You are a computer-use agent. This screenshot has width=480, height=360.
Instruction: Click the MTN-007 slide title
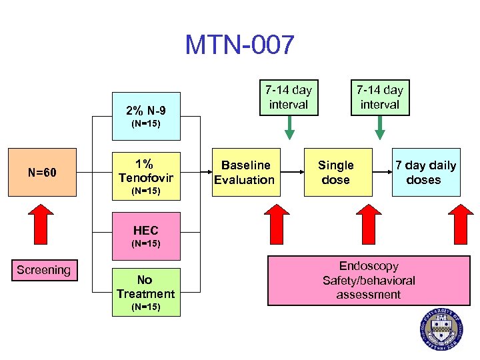tap(239, 45)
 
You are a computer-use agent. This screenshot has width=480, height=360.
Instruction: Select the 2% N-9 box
tap(145, 115)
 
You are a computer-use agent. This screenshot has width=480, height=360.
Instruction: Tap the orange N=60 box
tap(42, 173)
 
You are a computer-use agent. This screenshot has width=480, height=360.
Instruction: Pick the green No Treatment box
tap(145, 292)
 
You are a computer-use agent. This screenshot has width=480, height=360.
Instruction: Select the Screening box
tap(43, 270)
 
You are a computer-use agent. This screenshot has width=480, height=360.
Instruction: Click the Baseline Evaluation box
tap(244, 172)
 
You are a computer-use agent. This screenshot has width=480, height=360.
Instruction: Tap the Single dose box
tap(335, 172)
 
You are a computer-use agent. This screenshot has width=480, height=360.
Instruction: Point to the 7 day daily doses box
tap(426, 172)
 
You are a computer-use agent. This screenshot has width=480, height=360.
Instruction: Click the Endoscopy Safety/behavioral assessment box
tap(368, 281)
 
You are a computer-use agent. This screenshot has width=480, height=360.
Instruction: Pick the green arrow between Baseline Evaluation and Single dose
tap(289, 128)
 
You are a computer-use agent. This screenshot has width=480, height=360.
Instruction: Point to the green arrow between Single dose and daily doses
tap(379, 128)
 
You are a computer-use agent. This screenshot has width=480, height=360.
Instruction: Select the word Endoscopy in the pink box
tap(368, 266)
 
